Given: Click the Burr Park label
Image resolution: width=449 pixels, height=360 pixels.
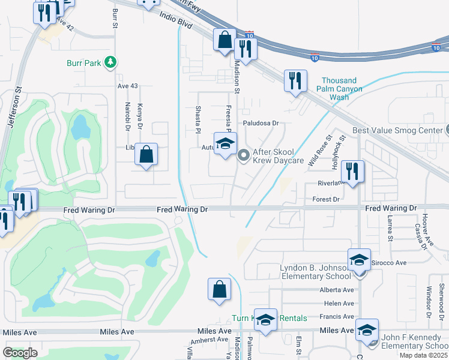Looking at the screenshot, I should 83,62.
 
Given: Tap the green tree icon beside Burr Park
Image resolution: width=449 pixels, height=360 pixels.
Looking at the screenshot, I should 110,62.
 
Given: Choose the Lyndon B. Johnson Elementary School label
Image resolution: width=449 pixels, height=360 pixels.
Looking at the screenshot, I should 315,271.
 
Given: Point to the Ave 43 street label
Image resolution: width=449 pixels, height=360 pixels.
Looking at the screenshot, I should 127,86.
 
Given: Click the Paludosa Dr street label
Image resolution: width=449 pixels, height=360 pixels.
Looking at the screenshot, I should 261,123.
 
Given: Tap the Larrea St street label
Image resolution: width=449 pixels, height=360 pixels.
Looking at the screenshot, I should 390,229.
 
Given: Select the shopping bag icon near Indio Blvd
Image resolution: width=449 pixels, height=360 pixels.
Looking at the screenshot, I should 224,40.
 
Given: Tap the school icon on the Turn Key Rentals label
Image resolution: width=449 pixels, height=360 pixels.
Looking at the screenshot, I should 265,319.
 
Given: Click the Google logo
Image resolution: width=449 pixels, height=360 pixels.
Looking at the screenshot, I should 20,353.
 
